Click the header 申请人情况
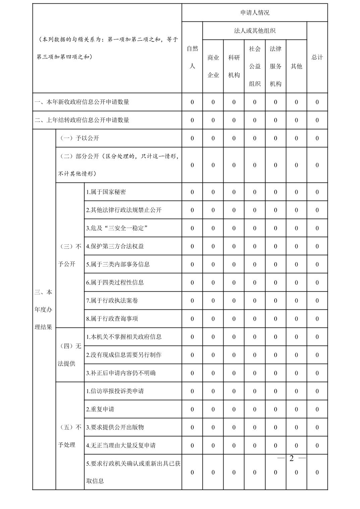255,13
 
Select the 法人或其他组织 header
255,31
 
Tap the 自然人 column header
192,57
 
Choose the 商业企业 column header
213,66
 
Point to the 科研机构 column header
234,66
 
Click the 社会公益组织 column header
255,66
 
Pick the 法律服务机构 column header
276,66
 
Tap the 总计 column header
317,57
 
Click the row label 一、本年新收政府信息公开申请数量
82,102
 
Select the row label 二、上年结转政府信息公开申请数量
82,120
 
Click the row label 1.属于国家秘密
106,192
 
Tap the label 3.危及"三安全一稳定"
117,228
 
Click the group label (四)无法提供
70,355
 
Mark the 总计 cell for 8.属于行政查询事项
317,319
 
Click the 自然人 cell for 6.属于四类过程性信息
192,283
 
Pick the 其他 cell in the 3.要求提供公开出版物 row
296,427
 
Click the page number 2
291,458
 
